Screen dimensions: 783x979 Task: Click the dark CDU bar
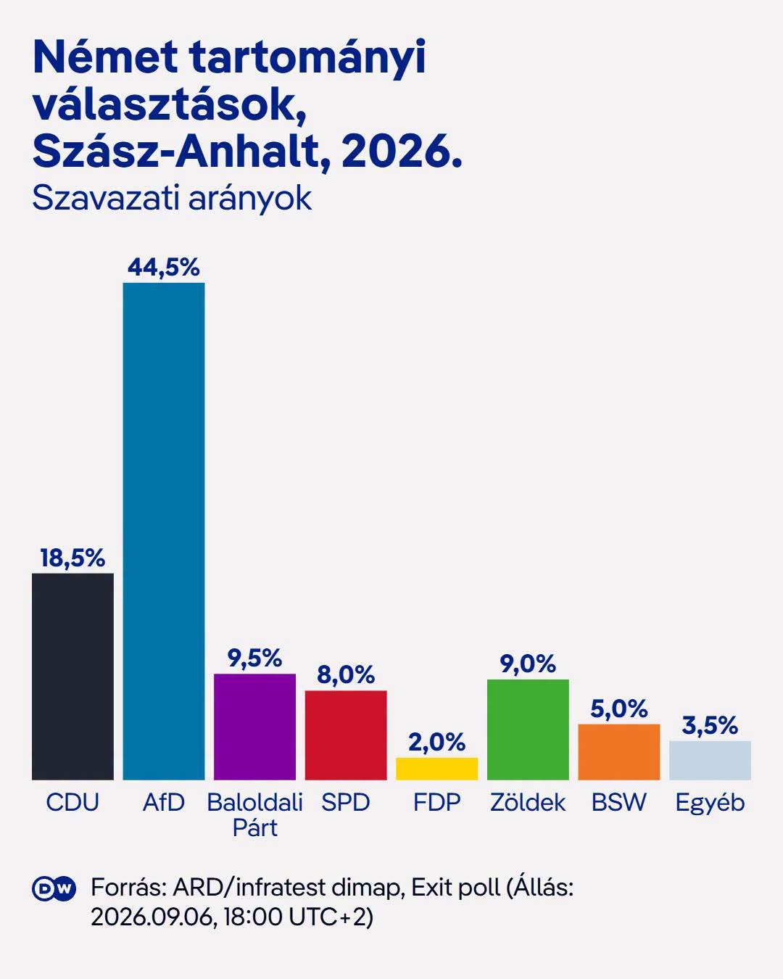pos(72,677)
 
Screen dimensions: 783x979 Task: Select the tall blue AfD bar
pos(164,532)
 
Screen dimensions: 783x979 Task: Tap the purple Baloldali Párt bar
pos(254,727)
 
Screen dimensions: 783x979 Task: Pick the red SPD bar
pos(346,735)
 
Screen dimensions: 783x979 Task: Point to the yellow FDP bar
pos(436,769)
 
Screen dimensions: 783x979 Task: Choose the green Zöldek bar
pos(528,730)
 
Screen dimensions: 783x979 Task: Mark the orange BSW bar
pos(618,752)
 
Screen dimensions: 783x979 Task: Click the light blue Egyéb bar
pos(710,761)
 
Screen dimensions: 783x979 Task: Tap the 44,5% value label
pos(164,268)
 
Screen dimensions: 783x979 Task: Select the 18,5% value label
pos(72,558)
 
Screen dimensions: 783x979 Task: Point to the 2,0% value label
pos(436,742)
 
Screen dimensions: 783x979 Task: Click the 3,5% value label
pos(710,726)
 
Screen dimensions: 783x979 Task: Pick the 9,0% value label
pos(528,664)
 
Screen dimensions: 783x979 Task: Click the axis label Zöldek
pos(528,803)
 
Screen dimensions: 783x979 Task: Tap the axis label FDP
pos(436,803)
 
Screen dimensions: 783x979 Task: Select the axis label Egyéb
pos(710,804)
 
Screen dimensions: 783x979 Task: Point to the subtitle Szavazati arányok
pos(172,199)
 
